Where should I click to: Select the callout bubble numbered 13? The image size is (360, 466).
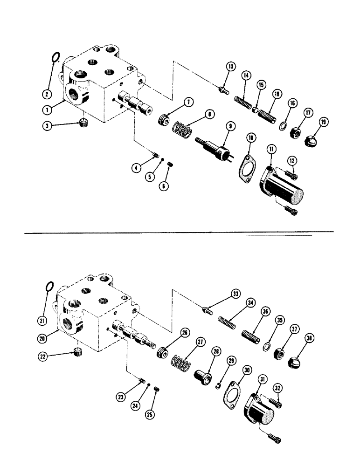click(230, 66)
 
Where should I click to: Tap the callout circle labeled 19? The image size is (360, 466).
click(323, 123)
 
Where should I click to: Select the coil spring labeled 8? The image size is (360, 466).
click(180, 129)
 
